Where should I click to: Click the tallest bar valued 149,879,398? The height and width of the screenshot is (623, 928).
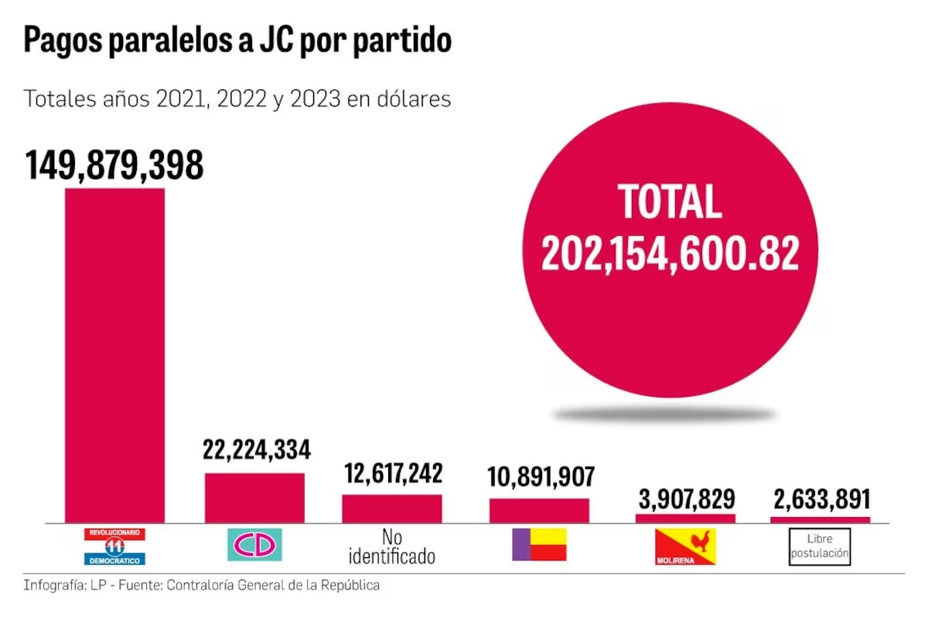click(114, 356)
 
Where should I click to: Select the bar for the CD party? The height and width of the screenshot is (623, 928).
click(254, 498)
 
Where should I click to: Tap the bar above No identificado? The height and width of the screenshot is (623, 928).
click(392, 509)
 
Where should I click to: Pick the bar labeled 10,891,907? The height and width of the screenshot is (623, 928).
click(539, 510)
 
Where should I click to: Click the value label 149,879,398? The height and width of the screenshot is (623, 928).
click(114, 165)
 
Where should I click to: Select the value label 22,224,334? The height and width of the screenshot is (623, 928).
click(257, 450)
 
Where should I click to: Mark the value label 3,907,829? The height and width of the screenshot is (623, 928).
click(686, 499)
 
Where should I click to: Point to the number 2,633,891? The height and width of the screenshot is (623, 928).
click(821, 499)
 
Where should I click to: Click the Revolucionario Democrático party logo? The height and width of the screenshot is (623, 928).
click(114, 546)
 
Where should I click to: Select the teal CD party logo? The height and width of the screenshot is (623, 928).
click(254, 545)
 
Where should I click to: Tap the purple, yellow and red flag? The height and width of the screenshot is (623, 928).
click(539, 544)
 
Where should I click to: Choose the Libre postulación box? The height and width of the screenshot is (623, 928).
click(820, 546)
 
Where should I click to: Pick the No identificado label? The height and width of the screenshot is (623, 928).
click(392, 546)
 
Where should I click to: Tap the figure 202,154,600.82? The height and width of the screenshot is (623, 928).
click(670, 253)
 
